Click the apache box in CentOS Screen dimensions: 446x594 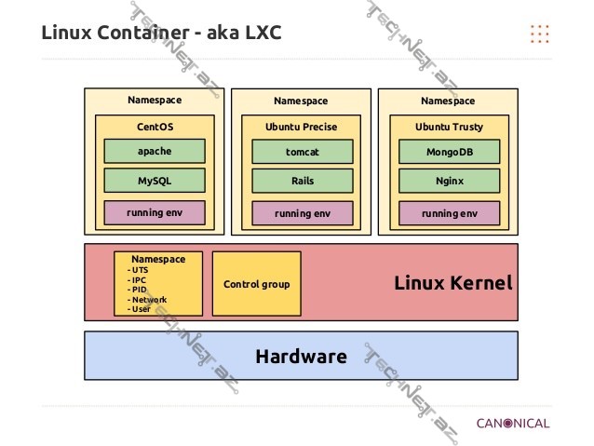[154, 151]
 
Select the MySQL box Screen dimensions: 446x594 [154, 180]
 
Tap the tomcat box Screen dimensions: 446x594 [303, 151]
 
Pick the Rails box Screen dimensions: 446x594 [303, 181]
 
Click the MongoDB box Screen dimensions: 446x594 [450, 151]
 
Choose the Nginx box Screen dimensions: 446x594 [450, 181]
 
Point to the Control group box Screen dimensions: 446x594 [256, 284]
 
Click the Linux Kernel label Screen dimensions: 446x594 [453, 283]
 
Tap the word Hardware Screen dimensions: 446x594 [301, 356]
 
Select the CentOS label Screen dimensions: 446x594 [155, 126]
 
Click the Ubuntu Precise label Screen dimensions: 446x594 [303, 127]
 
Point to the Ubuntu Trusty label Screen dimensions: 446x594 [450, 127]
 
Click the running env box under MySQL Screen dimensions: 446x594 [154, 212]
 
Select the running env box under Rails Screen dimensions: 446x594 [303, 213]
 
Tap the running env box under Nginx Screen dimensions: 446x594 [450, 213]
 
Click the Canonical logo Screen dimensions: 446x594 [513, 423]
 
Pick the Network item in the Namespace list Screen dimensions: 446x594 [148, 300]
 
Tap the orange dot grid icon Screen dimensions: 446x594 [539, 34]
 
